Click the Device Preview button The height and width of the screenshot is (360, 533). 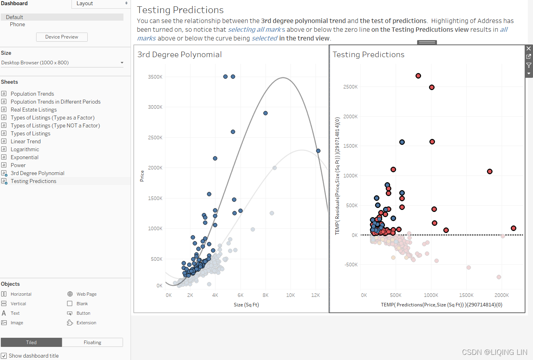tap(62, 37)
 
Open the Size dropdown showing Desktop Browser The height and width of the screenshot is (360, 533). tap(62, 63)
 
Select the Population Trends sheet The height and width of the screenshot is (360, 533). tap(32, 94)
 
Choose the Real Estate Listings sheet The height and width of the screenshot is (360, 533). tap(34, 110)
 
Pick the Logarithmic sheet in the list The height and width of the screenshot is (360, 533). tap(25, 149)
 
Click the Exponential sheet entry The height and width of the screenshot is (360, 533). tap(24, 157)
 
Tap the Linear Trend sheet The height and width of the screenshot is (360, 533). tap(25, 141)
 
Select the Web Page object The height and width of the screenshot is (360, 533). tap(82, 294)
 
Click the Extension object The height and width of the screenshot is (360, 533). tap(82, 323)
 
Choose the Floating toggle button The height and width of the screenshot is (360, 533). tap(92, 343)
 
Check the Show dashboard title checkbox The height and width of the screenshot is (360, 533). tap(4, 356)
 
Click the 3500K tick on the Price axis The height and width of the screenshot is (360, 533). tap(155, 77)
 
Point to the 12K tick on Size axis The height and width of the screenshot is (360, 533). tap(316, 295)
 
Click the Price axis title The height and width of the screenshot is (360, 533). tap(142, 176)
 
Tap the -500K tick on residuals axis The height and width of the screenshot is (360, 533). tap(351, 265)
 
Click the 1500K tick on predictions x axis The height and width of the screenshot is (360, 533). tap(466, 295)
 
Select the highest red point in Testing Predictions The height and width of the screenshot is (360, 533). tap(418, 76)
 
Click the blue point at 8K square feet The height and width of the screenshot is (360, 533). tap(266, 113)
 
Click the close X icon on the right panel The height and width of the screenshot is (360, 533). tap(529, 48)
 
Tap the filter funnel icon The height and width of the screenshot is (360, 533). tap(529, 65)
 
